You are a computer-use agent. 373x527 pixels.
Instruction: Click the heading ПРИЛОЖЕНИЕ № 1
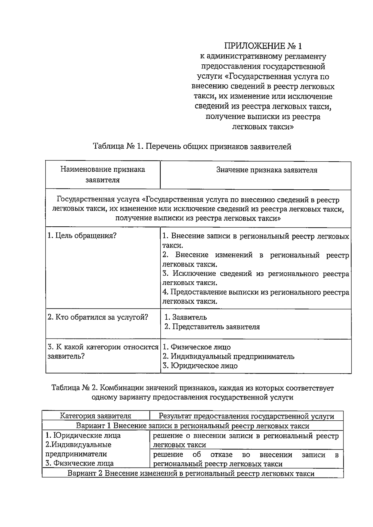(x=263, y=46)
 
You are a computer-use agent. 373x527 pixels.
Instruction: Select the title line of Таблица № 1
(x=192, y=146)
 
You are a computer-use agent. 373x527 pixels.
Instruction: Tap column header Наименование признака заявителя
(x=103, y=175)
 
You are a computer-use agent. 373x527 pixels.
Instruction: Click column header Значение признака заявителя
(x=267, y=170)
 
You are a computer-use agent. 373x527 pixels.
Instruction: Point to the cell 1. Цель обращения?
(x=82, y=236)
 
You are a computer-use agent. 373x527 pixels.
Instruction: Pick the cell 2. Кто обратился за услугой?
(x=98, y=317)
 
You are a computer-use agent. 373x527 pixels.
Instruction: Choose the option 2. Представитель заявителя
(x=212, y=327)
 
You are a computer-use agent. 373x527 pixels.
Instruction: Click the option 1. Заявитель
(x=185, y=317)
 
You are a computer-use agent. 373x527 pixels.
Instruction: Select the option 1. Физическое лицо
(x=196, y=347)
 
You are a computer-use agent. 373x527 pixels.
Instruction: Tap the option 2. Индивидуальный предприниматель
(x=228, y=356)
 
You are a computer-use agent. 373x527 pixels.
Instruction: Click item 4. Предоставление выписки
(x=256, y=297)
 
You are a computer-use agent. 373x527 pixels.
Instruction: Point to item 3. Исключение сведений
(x=256, y=278)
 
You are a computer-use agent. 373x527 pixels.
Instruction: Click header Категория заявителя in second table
(x=95, y=416)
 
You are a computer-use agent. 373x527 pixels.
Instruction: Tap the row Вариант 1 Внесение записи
(x=192, y=426)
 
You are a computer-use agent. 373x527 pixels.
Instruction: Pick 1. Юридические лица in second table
(x=83, y=435)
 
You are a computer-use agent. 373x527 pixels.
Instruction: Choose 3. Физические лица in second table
(x=80, y=463)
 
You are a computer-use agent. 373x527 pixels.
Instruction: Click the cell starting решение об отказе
(x=246, y=459)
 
